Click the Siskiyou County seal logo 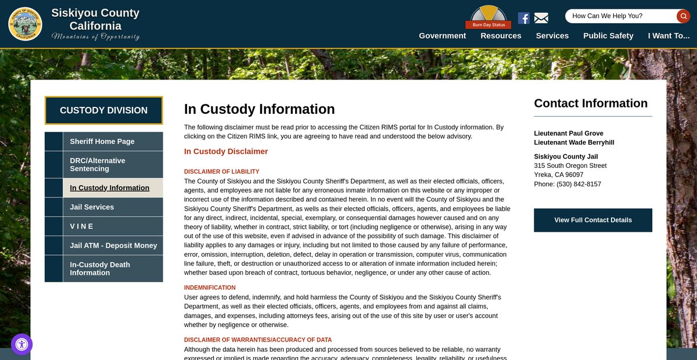(x=25, y=24)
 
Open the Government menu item (x=442, y=35)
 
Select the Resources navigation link (x=501, y=35)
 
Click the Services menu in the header (x=552, y=35)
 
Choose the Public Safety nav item (x=608, y=35)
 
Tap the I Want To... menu (x=669, y=35)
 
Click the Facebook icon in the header (x=523, y=18)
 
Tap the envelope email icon (x=541, y=18)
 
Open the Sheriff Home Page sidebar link (x=102, y=141)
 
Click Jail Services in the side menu (x=92, y=207)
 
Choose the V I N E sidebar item (x=82, y=226)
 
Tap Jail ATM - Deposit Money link (x=113, y=245)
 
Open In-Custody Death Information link (x=100, y=268)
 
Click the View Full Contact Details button (x=592, y=220)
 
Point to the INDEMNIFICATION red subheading (x=210, y=287)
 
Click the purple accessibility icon (x=21, y=344)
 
